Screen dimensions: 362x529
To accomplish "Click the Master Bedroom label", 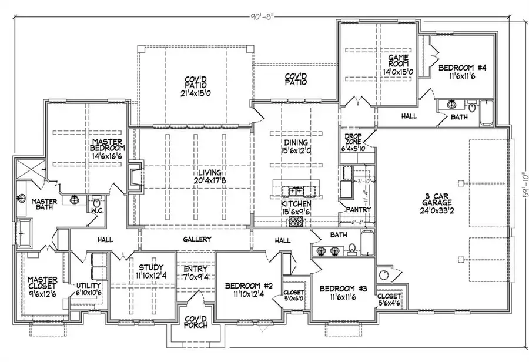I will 106,147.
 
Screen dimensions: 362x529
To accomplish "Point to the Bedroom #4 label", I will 463,68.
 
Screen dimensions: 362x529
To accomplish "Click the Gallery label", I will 197,240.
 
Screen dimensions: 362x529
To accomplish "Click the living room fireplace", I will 135,177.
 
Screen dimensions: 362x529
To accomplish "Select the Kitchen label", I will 295,203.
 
